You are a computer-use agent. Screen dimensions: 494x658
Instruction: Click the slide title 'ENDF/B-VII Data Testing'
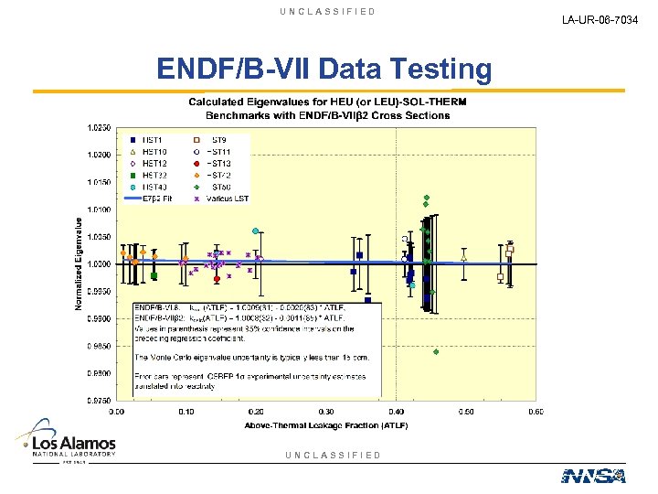coord(324,69)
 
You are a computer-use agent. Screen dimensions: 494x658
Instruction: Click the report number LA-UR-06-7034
coord(604,18)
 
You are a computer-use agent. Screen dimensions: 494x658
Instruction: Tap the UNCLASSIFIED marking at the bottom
coord(333,455)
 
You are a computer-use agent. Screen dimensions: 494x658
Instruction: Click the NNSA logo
coord(593,475)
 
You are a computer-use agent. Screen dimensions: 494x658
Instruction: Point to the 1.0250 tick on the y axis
coord(99,127)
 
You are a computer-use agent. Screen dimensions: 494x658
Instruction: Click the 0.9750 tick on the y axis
coord(99,401)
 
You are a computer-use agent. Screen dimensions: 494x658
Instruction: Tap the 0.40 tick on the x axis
coord(397,412)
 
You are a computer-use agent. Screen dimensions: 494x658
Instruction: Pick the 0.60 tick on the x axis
coord(536,412)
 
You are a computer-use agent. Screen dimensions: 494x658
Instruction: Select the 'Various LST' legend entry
coord(224,199)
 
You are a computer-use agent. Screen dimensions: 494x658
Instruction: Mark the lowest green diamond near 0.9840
coord(436,351)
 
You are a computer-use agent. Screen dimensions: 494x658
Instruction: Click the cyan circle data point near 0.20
coord(256,231)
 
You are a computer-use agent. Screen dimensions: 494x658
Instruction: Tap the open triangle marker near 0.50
coord(464,258)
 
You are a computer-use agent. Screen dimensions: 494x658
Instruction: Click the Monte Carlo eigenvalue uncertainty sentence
coord(251,357)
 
